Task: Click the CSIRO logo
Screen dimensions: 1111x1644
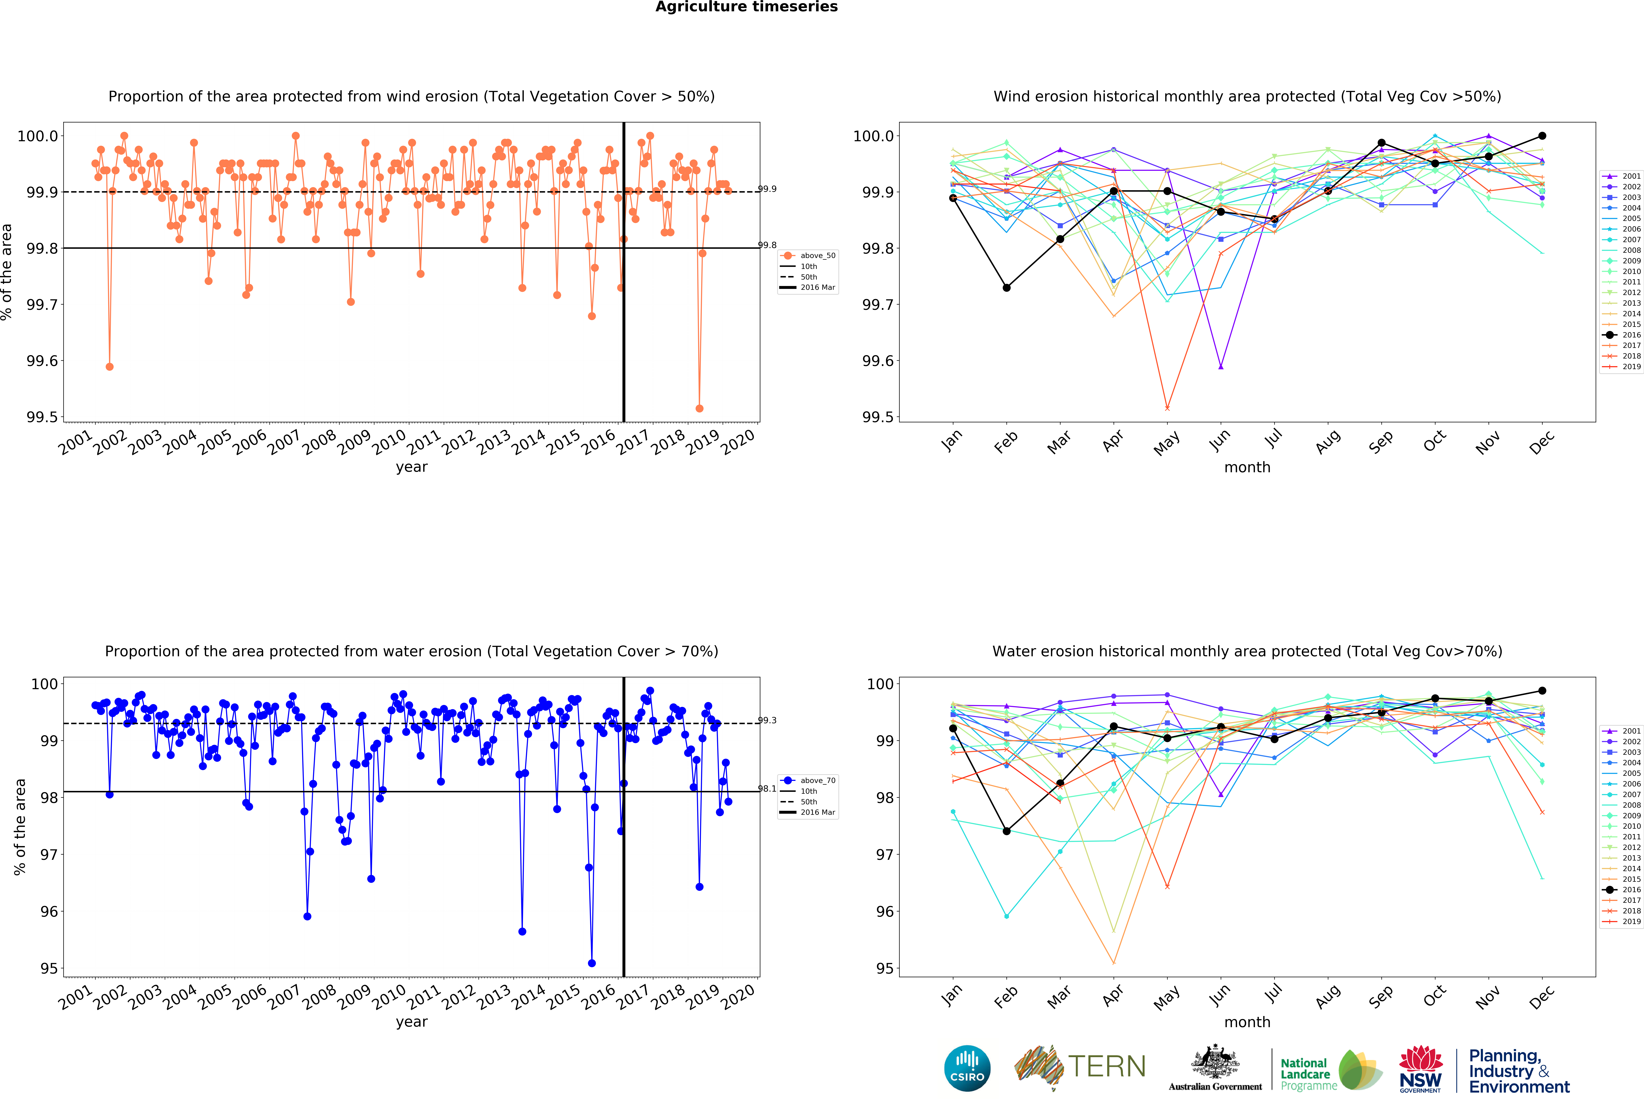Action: click(x=967, y=1068)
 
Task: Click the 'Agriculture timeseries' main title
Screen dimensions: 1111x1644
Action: click(x=746, y=7)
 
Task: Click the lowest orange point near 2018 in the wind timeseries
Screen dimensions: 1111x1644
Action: click(x=700, y=408)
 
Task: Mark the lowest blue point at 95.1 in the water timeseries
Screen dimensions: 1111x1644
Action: click(x=592, y=963)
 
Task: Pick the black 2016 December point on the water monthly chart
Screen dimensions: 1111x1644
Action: click(x=1542, y=691)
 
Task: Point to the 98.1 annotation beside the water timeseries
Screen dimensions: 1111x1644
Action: click(x=767, y=788)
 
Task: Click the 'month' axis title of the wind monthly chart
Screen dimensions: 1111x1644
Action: click(x=1247, y=467)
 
